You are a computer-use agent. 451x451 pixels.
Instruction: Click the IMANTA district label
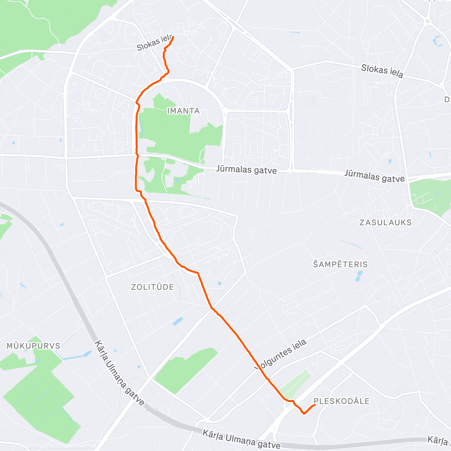point(183,111)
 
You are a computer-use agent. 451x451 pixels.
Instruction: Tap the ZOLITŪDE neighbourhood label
point(153,287)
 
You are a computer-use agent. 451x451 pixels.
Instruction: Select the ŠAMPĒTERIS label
point(340,264)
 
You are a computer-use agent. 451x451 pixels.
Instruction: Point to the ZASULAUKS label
point(385,222)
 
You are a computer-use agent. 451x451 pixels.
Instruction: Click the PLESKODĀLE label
point(342,401)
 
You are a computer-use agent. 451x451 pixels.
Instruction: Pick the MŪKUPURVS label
point(33,346)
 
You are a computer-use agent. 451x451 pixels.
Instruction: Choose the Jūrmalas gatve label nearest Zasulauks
point(374,176)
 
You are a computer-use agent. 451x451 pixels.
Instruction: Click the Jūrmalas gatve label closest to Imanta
point(246,170)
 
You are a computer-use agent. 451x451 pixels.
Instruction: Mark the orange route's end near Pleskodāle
point(314,405)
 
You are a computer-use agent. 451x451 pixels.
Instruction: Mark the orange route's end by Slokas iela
point(173,37)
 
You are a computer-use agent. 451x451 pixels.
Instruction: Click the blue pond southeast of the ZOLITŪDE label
point(178,322)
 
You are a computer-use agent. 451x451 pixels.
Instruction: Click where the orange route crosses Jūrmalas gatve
point(136,155)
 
